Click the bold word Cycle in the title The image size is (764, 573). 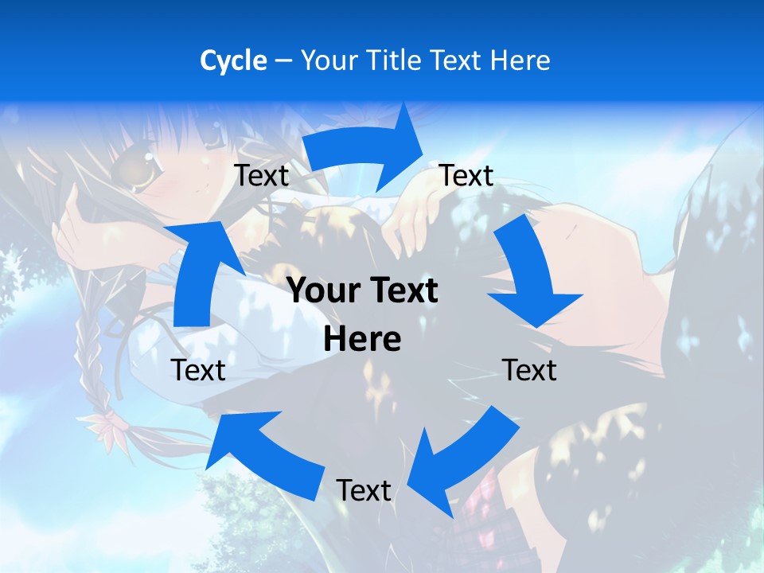(x=233, y=60)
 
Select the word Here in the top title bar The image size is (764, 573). (x=520, y=60)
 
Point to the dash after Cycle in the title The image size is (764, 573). (x=283, y=61)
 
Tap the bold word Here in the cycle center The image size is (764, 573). (x=362, y=339)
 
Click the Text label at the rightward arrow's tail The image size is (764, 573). (x=262, y=176)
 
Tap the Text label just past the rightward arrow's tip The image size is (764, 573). (x=466, y=175)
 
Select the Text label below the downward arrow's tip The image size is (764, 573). (x=529, y=370)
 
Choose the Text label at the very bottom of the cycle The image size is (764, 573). (x=364, y=490)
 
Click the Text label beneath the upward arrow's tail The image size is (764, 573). (x=198, y=370)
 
